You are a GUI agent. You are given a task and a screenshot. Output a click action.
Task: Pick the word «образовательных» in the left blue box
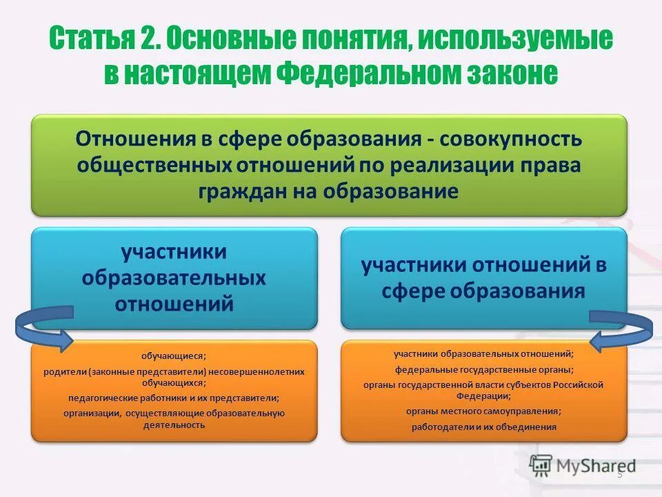[174, 277]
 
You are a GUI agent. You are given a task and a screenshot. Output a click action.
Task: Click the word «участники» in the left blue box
[174, 251]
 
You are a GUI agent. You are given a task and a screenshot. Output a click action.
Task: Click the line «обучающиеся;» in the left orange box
[174, 356]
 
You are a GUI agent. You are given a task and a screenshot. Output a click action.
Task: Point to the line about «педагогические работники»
[174, 398]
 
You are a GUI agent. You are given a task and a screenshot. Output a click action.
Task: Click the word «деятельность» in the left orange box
[174, 425]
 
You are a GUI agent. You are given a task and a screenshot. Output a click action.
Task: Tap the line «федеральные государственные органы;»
[483, 369]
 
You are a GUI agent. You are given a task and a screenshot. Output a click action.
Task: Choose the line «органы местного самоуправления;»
[483, 411]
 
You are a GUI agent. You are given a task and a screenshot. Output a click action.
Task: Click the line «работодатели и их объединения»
[483, 427]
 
